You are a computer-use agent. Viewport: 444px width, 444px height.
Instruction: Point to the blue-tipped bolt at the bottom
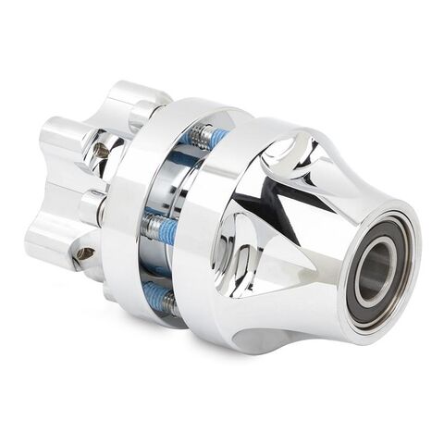159,299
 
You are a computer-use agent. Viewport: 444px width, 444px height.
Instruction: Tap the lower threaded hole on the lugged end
84,253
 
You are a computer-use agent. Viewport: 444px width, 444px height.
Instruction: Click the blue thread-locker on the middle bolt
167,231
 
